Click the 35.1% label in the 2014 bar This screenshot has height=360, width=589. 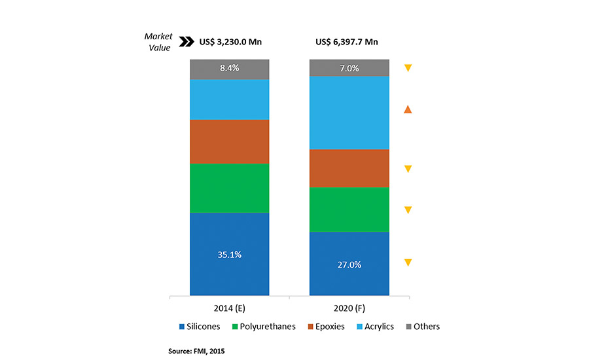tap(230, 255)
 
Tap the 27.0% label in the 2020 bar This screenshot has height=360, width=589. tap(349, 265)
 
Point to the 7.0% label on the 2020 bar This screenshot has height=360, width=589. tap(349, 68)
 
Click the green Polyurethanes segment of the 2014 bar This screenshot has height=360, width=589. tap(230, 188)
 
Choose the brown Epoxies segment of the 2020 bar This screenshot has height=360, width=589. tap(349, 168)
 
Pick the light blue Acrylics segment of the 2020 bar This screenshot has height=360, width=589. tap(349, 113)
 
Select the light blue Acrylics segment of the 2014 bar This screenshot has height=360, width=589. tap(230, 99)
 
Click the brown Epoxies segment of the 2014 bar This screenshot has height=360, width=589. tap(230, 141)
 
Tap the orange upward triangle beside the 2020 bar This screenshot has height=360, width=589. tap(408, 109)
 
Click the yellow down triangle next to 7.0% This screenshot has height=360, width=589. tap(408, 68)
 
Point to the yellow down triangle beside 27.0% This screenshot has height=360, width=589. tap(408, 263)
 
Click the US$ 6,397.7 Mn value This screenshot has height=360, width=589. tap(347, 43)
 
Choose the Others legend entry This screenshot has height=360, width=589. tap(421, 327)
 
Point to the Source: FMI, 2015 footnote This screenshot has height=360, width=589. tap(196, 351)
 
